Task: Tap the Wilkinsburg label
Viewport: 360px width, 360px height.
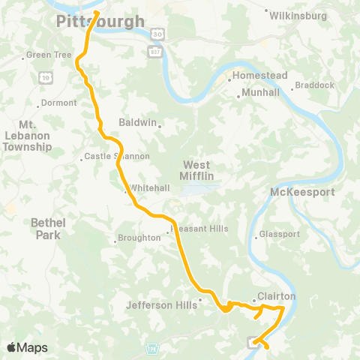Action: (x=298, y=14)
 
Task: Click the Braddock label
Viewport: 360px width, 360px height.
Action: (x=315, y=85)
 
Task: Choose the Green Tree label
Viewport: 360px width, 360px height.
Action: (x=48, y=55)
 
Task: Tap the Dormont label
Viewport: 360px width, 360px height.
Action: (x=58, y=103)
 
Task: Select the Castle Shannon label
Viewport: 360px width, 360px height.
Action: (x=117, y=156)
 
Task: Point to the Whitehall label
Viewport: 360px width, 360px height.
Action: (x=144, y=187)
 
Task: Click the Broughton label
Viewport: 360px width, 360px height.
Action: (x=140, y=238)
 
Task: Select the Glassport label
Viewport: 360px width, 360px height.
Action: (x=280, y=234)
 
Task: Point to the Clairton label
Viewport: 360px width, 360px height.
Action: (x=277, y=296)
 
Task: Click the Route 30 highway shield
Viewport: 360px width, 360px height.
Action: (x=154, y=34)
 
